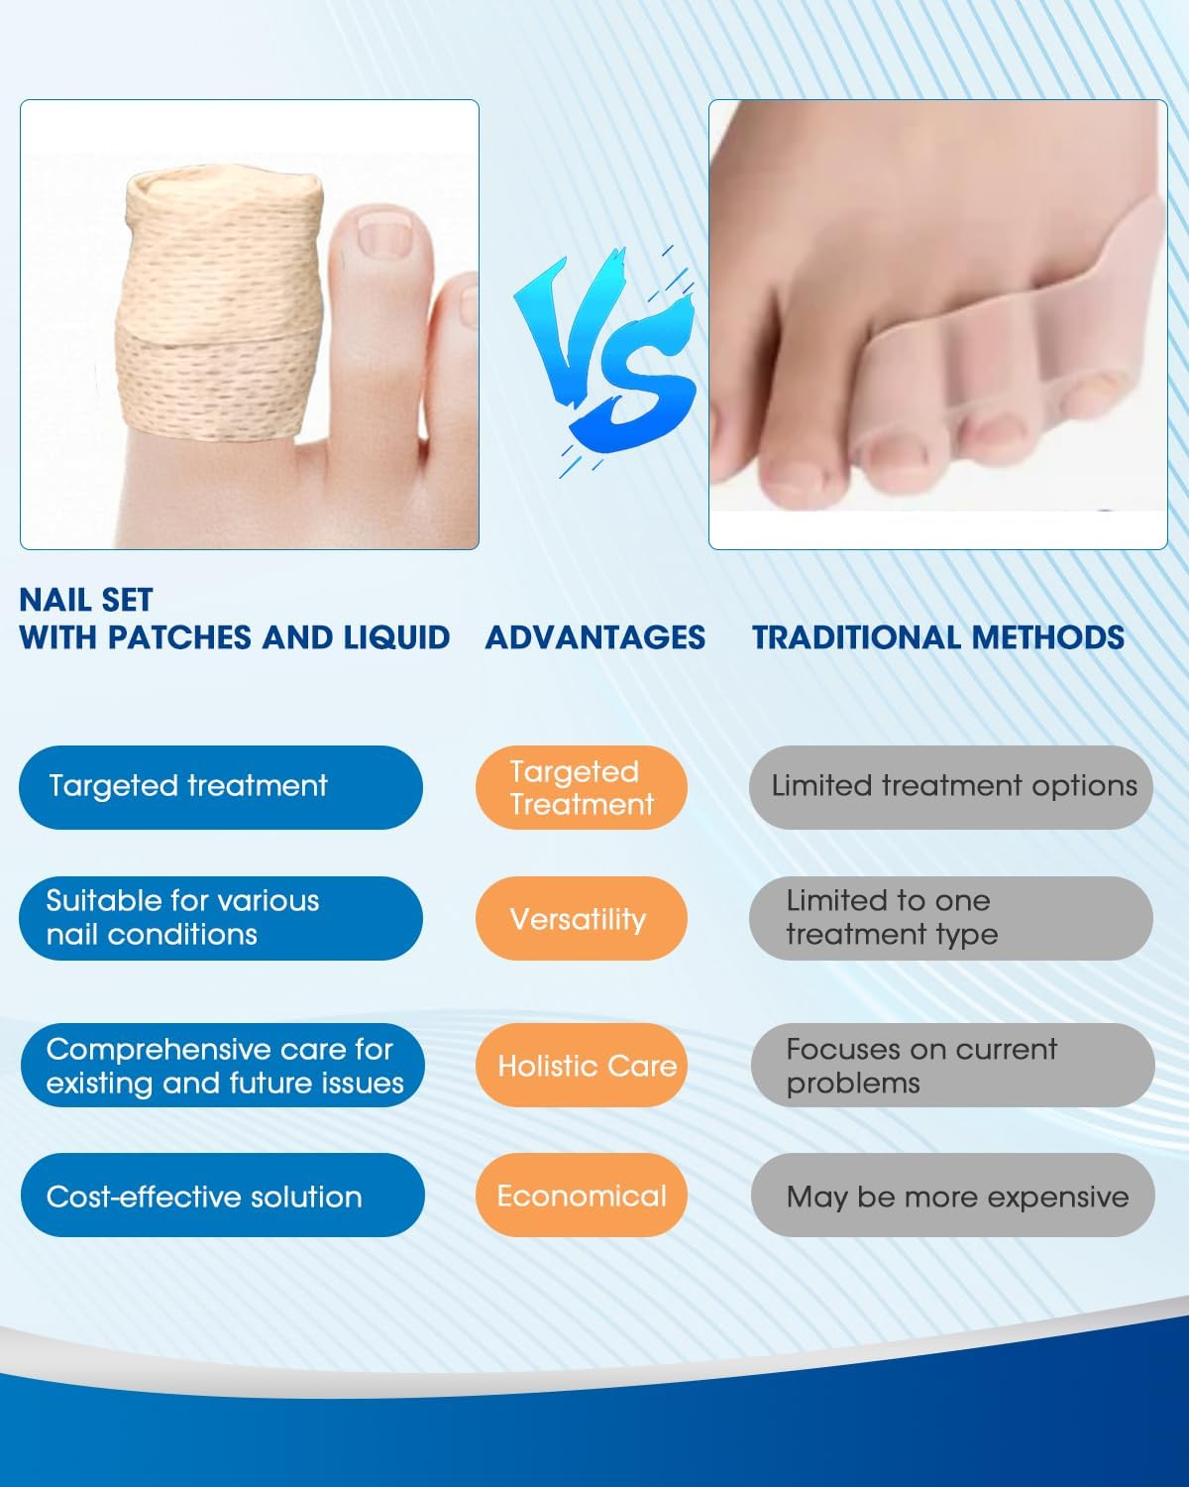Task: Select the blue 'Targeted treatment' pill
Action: coord(220,787)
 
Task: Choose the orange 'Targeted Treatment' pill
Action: coord(582,787)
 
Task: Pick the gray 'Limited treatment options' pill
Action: coord(951,787)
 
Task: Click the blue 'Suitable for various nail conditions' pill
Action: coord(220,918)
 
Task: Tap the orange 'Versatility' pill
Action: coord(582,918)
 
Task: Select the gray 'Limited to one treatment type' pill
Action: coord(951,918)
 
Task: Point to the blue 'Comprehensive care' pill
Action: coord(222,1066)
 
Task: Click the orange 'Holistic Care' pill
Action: coord(582,1066)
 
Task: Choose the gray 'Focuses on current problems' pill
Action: coord(952,1066)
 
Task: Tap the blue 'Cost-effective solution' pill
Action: coord(222,1196)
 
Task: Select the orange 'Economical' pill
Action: coord(582,1196)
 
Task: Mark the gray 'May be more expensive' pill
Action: coord(952,1196)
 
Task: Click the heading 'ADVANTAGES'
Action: coord(594,637)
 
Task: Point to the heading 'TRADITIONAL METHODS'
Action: coord(937,637)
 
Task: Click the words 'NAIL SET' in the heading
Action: coord(86,600)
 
